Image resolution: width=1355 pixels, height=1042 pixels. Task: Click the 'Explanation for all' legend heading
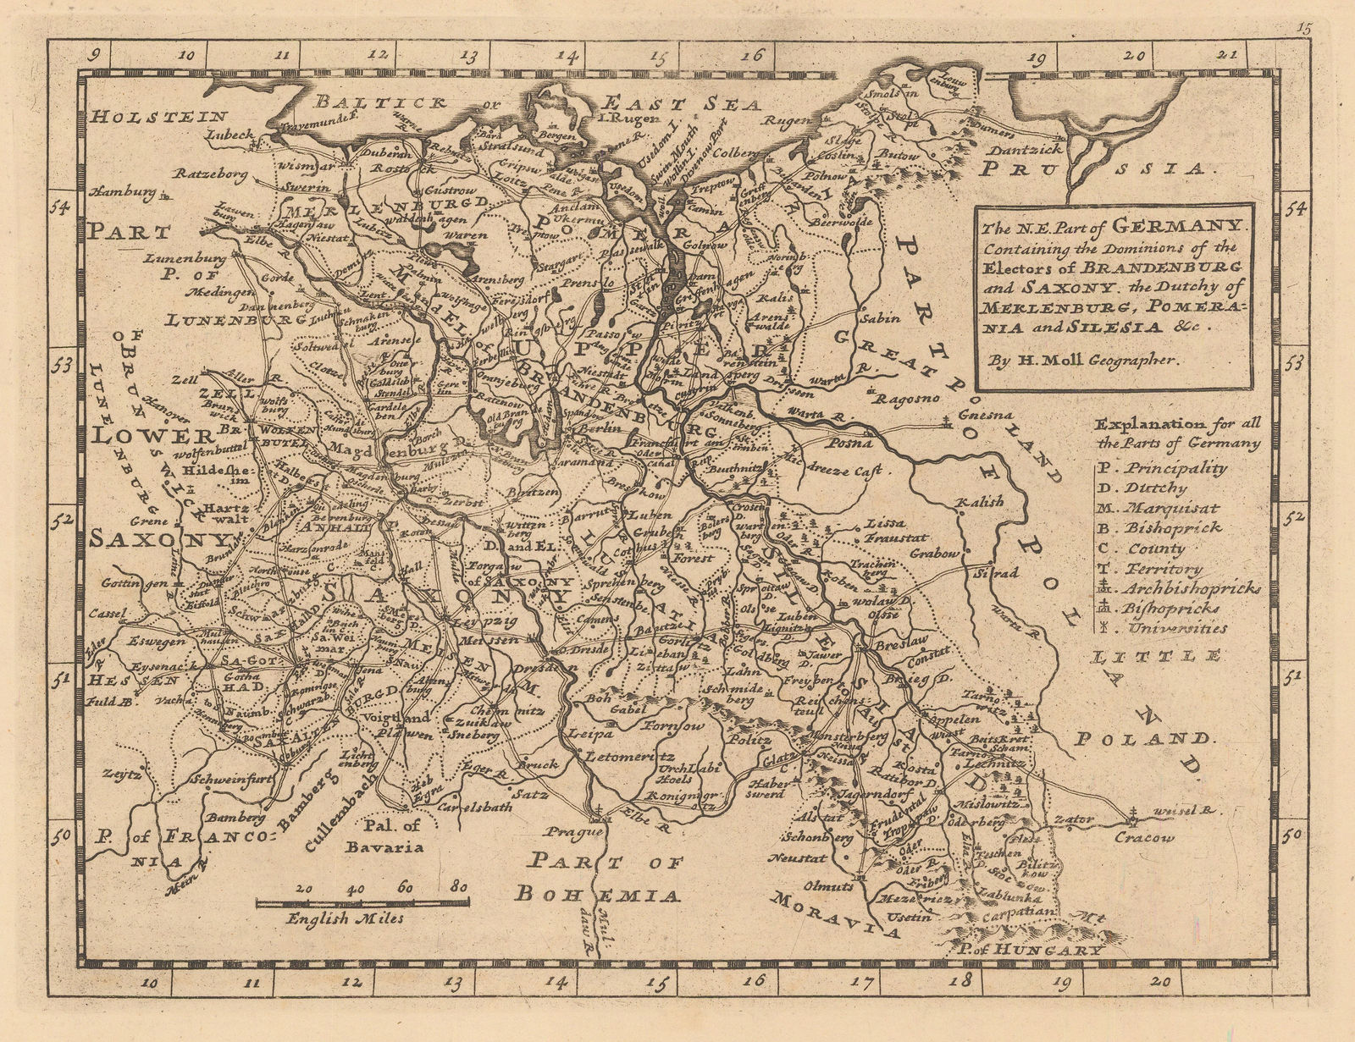click(1175, 424)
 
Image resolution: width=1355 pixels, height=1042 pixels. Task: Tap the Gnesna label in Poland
click(986, 416)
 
